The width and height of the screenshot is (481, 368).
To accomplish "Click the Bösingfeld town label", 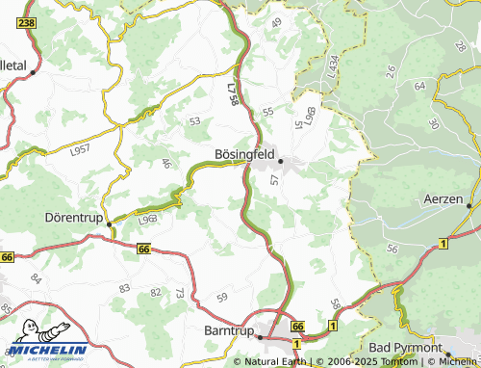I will click(243, 152).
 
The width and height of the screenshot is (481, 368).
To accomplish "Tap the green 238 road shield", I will click(26, 22).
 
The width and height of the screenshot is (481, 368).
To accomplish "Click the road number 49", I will click(277, 22).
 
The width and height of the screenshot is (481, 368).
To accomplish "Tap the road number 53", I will click(195, 121).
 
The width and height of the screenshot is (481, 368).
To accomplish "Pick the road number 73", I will click(179, 292).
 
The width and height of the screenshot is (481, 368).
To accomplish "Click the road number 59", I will click(222, 298).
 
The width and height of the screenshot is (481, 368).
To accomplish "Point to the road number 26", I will click(391, 70).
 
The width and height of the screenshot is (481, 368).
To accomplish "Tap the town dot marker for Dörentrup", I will click(110, 223).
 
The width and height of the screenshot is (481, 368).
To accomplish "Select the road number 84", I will click(36, 279).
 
